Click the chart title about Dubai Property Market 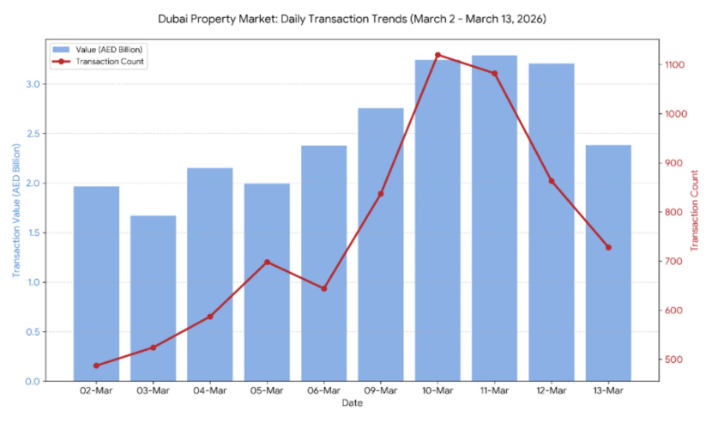pyautogui.click(x=352, y=18)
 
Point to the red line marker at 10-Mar pyautogui.click(x=437, y=55)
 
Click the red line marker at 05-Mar pyautogui.click(x=267, y=262)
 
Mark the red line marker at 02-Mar pyautogui.click(x=96, y=366)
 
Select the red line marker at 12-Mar pyautogui.click(x=552, y=181)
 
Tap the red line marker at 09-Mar pyautogui.click(x=381, y=194)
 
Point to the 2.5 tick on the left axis pyautogui.click(x=32, y=134)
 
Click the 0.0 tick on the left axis pyautogui.click(x=32, y=381)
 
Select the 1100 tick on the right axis pyautogui.click(x=673, y=65)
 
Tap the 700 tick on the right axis pyautogui.click(x=671, y=262)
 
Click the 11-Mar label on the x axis pyautogui.click(x=494, y=391)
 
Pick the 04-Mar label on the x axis pyautogui.click(x=210, y=391)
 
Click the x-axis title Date pyautogui.click(x=352, y=403)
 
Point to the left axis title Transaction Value pyautogui.click(x=15, y=209)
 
